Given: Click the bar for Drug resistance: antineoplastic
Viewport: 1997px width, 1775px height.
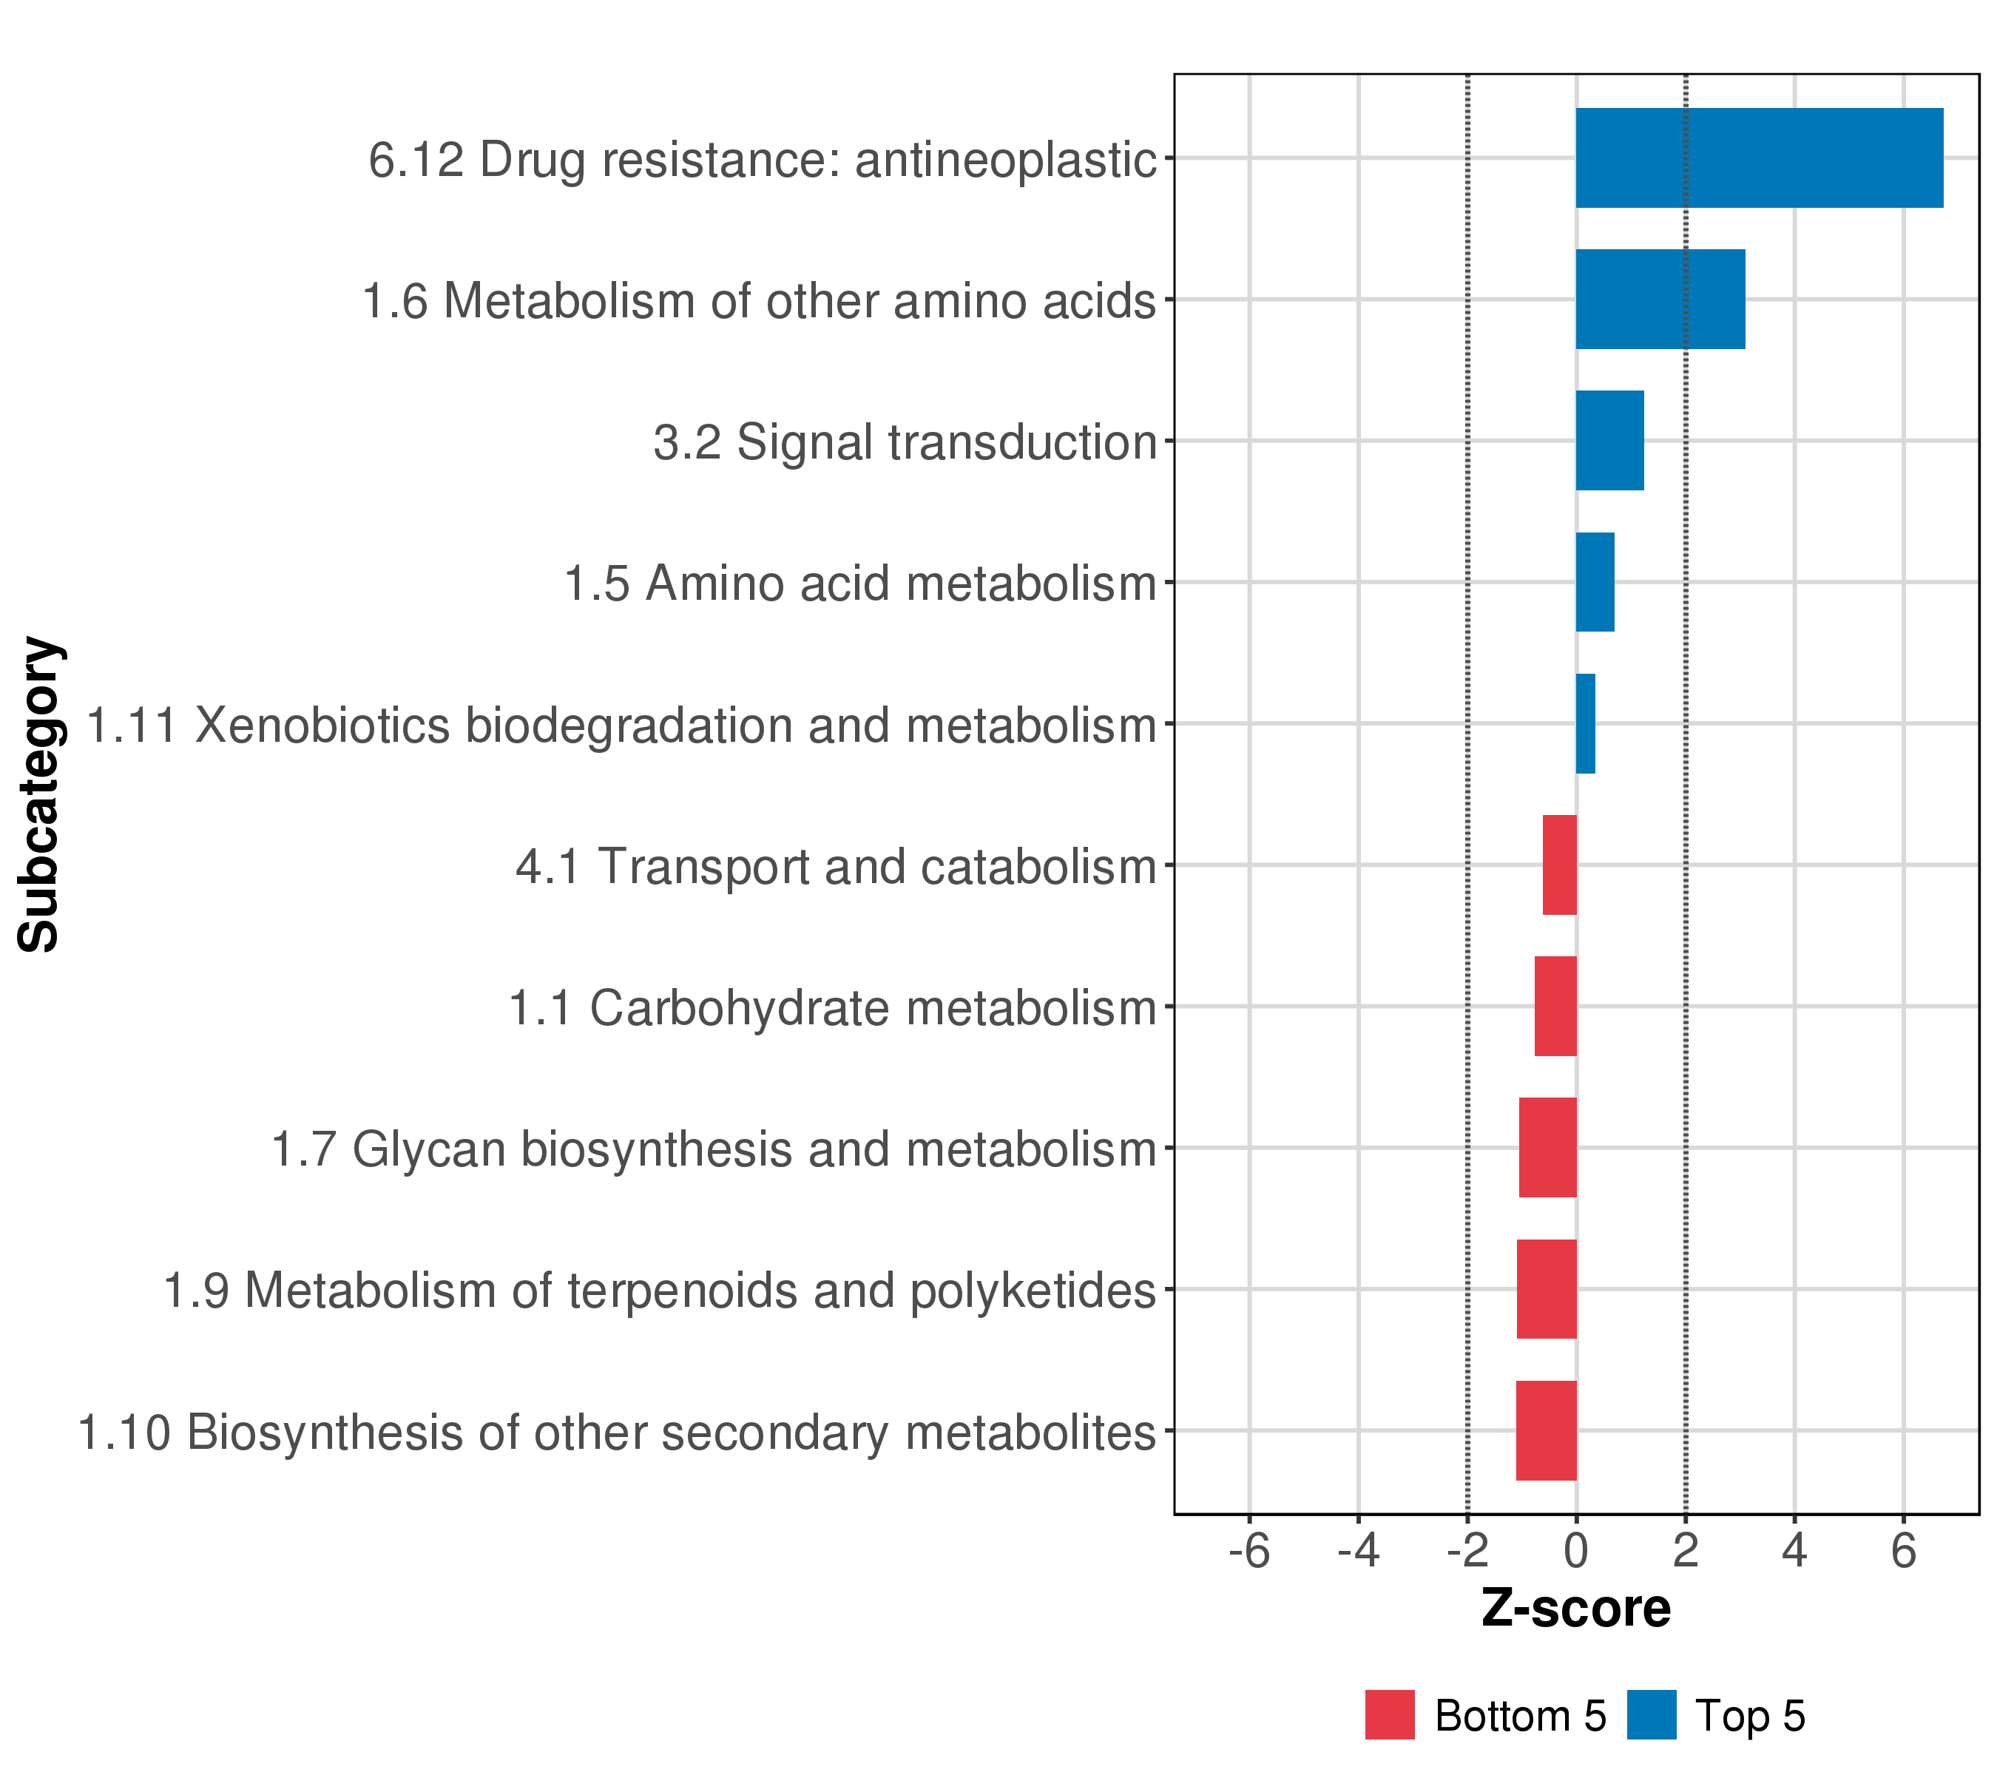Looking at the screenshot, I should (1759, 158).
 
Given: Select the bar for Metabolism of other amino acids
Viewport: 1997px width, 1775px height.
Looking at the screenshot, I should (1660, 299).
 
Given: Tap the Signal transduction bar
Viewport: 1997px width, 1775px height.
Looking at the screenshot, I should (1609, 441).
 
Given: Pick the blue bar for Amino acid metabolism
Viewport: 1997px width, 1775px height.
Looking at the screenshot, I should (1595, 582).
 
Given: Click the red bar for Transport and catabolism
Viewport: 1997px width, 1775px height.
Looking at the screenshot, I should (1559, 865).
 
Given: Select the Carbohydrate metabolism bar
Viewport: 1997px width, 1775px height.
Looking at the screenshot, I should (1555, 1006).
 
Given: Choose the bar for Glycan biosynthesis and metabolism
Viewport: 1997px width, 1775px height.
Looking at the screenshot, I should (1547, 1148).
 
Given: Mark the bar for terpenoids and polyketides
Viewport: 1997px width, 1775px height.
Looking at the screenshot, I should (1547, 1288).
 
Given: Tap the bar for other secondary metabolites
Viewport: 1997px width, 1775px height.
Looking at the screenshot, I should (1546, 1430).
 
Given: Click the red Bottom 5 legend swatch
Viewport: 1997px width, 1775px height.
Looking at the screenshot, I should (1389, 1715).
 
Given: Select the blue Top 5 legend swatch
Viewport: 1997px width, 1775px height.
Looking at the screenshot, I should (1651, 1715).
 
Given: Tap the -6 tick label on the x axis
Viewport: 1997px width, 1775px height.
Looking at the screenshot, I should (1248, 1552).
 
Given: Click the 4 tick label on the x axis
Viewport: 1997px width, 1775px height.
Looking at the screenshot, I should (1794, 1552).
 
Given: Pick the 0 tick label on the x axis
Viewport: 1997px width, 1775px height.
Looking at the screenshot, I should (1576, 1552).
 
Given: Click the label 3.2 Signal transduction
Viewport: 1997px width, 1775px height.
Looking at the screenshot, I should (905, 442).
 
